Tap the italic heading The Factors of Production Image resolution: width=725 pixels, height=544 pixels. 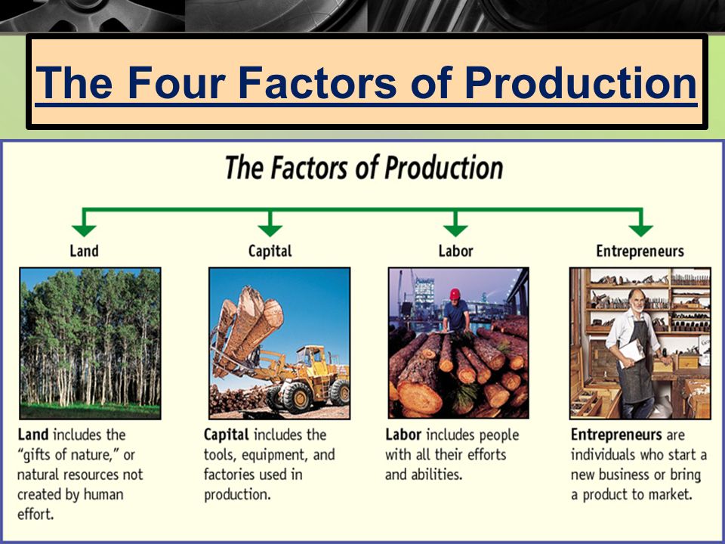(363, 167)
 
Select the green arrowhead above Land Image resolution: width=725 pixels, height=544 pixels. (84, 226)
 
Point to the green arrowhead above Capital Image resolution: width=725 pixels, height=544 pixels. (270, 226)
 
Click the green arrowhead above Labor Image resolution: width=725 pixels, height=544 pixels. (455, 226)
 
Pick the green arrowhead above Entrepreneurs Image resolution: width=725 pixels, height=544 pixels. (640, 226)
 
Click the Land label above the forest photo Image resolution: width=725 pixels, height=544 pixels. (84, 251)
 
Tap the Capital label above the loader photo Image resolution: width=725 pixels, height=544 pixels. (270, 251)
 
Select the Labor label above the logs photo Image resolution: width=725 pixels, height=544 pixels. (455, 251)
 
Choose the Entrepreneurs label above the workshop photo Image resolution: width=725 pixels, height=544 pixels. (640, 251)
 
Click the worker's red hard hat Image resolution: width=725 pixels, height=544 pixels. (455, 293)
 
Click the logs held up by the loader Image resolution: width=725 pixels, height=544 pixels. (249, 317)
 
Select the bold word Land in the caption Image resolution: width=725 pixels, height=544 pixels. (33, 435)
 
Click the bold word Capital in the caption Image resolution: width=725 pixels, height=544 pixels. (227, 435)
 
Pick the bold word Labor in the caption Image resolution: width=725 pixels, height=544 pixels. (403, 435)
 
